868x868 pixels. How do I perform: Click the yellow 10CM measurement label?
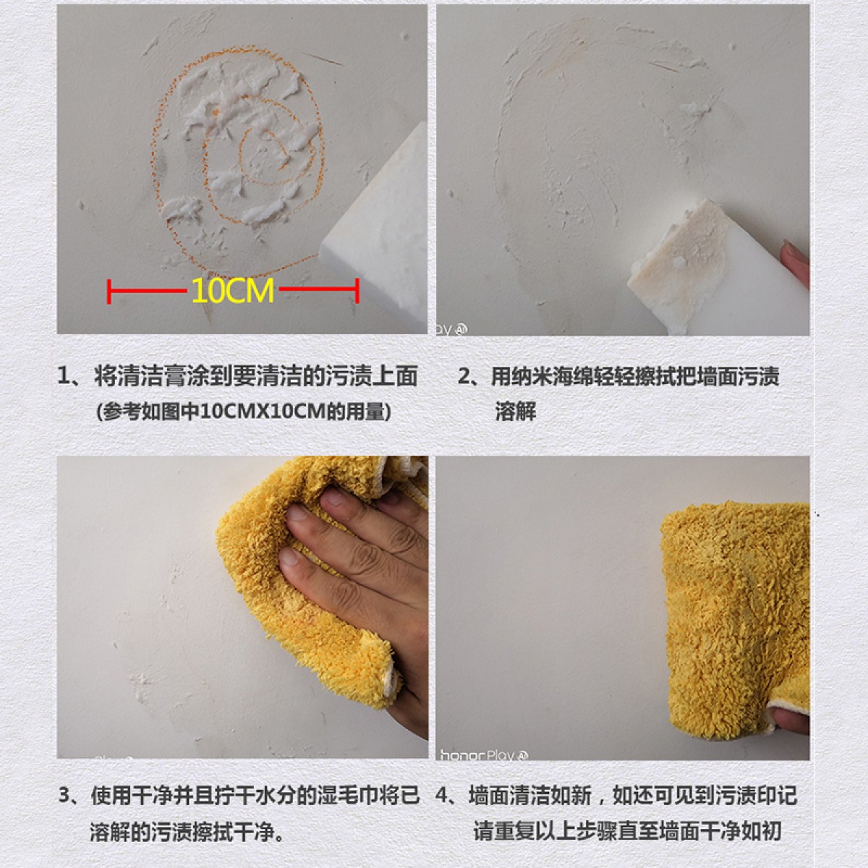[233, 291]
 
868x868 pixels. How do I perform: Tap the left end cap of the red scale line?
[109, 291]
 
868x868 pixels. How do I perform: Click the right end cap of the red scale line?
[357, 291]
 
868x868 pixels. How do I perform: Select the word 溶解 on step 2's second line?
[516, 411]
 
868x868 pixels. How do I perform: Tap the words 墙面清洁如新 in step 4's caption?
[530, 796]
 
